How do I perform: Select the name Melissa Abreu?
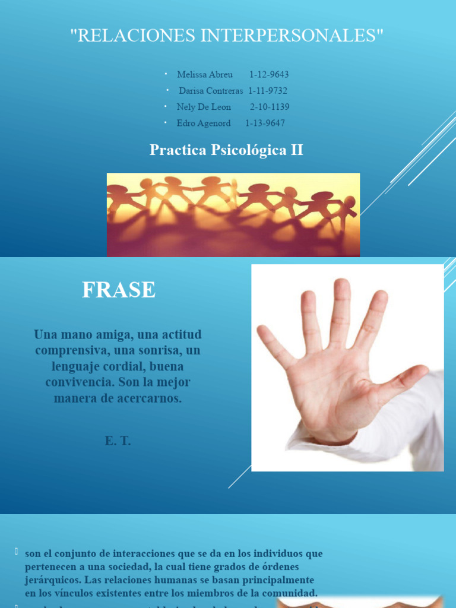204,75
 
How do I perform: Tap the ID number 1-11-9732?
268,91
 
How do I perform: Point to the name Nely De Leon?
204,107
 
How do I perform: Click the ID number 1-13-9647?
265,123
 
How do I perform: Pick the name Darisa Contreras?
211,91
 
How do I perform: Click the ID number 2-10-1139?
270,107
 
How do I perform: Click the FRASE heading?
119,290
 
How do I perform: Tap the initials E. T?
118,441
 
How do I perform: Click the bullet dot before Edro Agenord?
166,122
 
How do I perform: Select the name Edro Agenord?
204,123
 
